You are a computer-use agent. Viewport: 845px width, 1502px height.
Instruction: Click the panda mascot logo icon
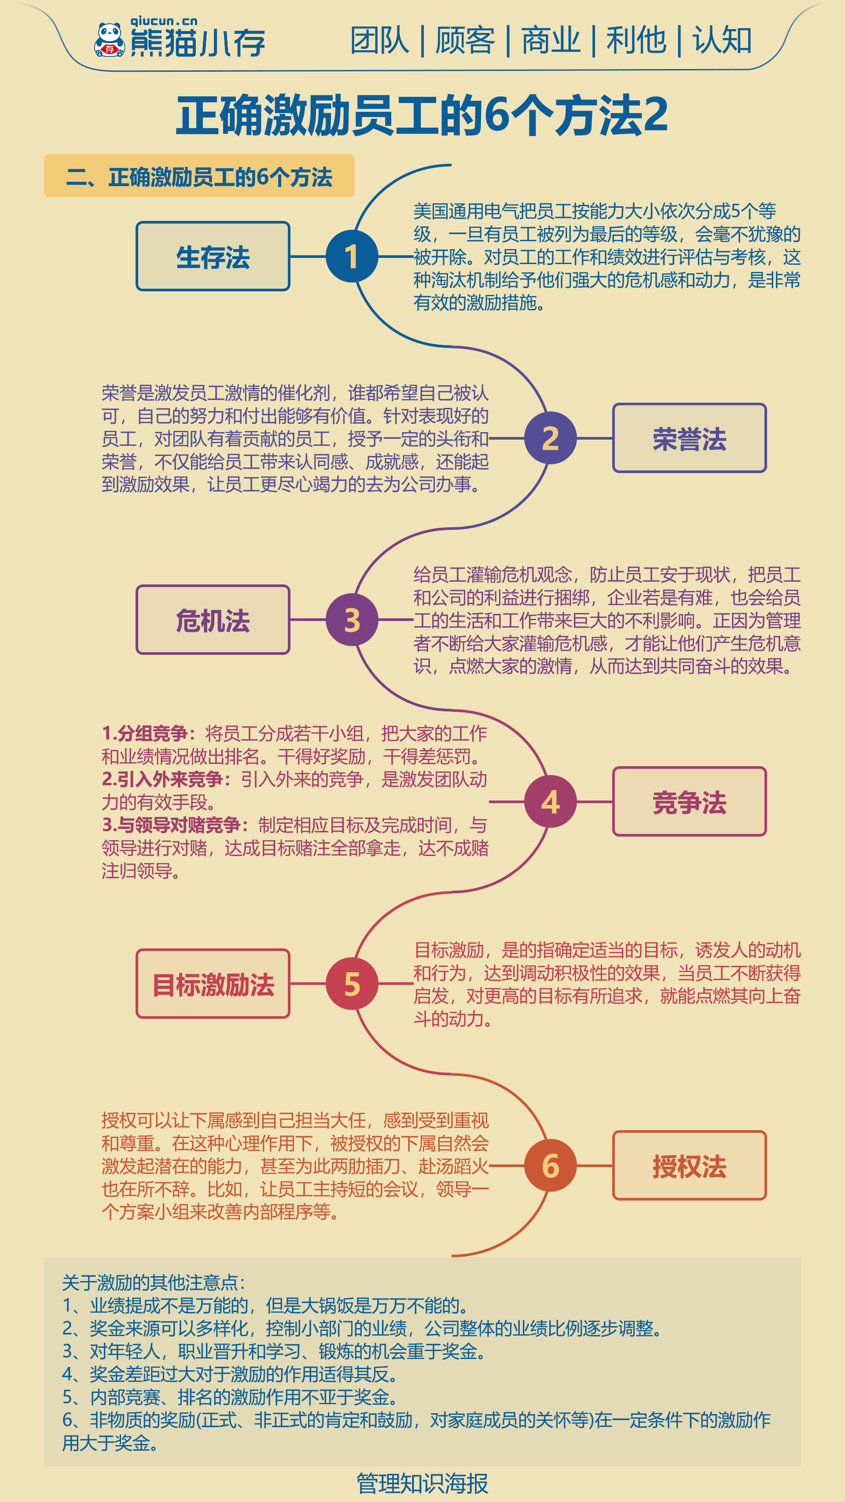[109, 40]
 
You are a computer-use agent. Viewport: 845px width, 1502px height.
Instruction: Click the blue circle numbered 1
[352, 256]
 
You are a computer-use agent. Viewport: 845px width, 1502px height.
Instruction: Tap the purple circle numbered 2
[551, 438]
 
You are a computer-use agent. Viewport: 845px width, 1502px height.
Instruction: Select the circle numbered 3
[352, 620]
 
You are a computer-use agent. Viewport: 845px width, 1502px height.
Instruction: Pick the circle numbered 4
[551, 802]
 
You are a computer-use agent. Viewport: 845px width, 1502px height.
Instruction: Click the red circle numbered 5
[352, 984]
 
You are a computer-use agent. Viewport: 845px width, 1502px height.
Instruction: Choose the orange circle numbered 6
[551, 1166]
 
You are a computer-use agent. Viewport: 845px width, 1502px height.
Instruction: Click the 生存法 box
[213, 256]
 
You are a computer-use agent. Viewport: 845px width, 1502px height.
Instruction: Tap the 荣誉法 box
[689, 438]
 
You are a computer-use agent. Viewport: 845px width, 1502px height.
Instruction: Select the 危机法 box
[213, 620]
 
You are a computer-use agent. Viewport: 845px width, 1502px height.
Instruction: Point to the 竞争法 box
[689, 802]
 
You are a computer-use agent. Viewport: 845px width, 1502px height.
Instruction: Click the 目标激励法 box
[213, 984]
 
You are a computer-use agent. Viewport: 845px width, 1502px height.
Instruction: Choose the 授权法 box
[689, 1166]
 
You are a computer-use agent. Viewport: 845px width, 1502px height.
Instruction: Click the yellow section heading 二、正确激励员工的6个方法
[199, 176]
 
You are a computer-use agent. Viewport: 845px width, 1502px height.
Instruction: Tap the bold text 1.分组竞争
[145, 734]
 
